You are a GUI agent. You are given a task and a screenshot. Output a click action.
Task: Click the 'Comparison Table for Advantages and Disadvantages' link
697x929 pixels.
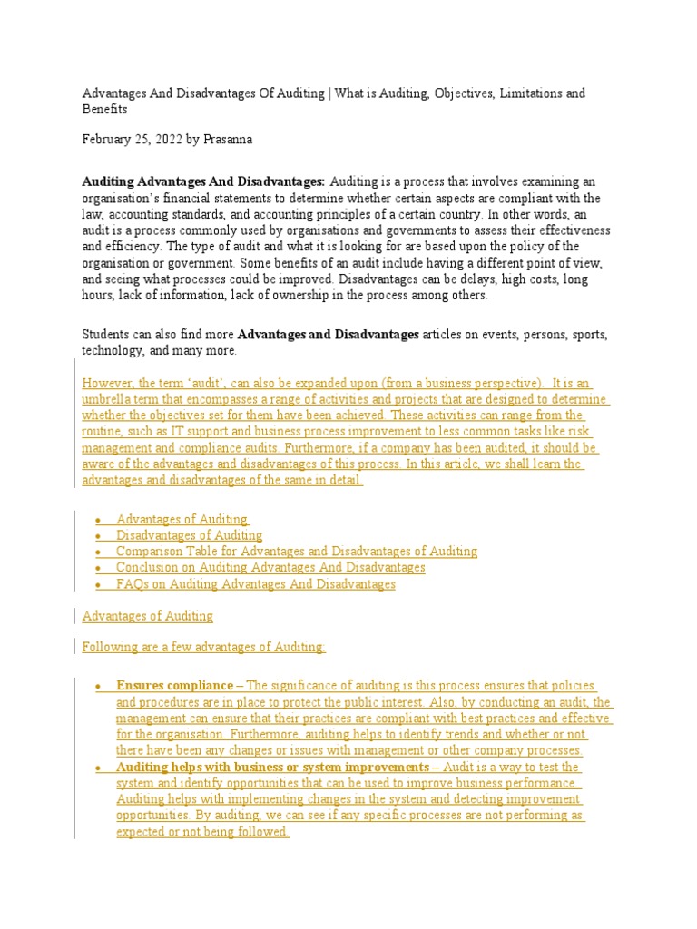tap(296, 551)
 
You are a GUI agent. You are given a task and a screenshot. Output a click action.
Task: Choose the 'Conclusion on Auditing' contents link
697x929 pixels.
tap(270, 567)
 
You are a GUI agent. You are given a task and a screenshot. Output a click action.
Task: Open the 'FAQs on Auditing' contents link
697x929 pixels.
tap(256, 584)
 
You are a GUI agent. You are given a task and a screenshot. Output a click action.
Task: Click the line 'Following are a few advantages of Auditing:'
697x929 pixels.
tap(203, 647)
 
